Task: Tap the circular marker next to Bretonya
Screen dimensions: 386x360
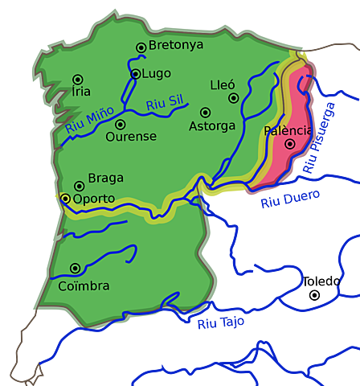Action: [x=141, y=47]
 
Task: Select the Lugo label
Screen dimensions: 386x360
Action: [x=157, y=73]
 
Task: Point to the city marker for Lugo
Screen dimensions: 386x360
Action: [x=135, y=74]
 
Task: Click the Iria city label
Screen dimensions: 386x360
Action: [x=81, y=92]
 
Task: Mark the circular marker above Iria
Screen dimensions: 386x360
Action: [x=78, y=79]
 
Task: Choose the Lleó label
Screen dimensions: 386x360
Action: [x=223, y=84]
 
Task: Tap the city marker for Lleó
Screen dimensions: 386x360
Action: [x=234, y=98]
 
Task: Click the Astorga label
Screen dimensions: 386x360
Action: [x=212, y=126]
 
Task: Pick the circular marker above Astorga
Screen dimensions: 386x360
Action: [x=205, y=113]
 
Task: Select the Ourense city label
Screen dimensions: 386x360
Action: [x=131, y=137]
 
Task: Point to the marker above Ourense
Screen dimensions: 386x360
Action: [x=120, y=125]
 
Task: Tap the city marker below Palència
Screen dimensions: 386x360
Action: [x=290, y=144]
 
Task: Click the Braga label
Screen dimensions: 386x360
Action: [x=106, y=179]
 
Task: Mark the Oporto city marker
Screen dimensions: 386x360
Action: [x=65, y=198]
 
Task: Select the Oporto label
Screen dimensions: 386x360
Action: [x=94, y=199]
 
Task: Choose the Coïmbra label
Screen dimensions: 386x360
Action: [x=84, y=285]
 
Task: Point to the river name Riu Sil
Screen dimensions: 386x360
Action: [x=165, y=102]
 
